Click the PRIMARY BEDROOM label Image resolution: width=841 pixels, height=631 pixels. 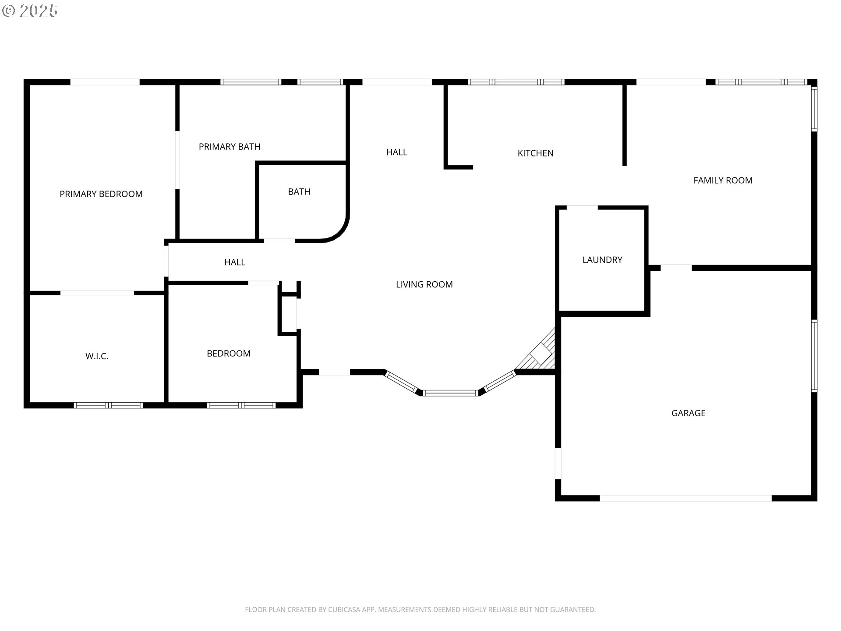tap(101, 194)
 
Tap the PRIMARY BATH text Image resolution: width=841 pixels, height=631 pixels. tap(230, 147)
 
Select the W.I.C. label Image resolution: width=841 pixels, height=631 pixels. tap(97, 356)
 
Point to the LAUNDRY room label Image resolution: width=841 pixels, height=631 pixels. tap(602, 260)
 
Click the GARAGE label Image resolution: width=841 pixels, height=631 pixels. tap(689, 413)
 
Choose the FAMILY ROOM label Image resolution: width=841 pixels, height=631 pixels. tap(723, 180)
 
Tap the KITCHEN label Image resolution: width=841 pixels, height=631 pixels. tap(536, 153)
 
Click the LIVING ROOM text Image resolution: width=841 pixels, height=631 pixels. tap(424, 284)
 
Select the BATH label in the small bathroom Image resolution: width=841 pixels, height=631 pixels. tap(299, 192)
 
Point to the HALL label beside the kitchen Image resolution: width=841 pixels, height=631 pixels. tap(397, 152)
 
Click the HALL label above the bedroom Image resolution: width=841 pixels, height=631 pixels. tap(235, 262)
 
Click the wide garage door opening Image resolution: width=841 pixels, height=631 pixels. tap(686, 498)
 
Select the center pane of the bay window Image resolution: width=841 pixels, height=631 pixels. tap(450, 393)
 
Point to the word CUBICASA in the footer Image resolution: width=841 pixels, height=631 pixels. tap(344, 610)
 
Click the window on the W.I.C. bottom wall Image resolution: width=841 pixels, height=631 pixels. tap(108, 405)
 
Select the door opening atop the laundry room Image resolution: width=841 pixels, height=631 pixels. tap(583, 208)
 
